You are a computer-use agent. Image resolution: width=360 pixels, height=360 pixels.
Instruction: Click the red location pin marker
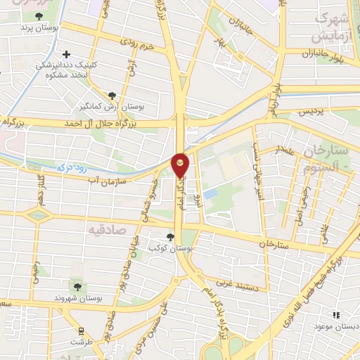(x=180, y=164)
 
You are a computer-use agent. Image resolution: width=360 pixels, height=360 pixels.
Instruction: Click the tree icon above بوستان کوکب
(x=169, y=237)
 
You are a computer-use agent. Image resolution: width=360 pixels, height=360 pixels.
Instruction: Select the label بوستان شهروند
(x=77, y=300)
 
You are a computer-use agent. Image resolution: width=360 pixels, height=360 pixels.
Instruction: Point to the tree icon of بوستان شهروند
(x=77, y=286)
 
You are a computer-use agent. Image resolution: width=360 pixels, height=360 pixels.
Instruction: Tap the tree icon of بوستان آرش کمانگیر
(x=112, y=96)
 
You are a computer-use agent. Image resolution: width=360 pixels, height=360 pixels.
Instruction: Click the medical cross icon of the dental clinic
(x=67, y=53)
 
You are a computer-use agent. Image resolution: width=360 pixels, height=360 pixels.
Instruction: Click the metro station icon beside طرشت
(x=81, y=330)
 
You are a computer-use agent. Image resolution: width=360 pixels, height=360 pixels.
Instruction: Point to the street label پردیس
(x=312, y=111)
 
